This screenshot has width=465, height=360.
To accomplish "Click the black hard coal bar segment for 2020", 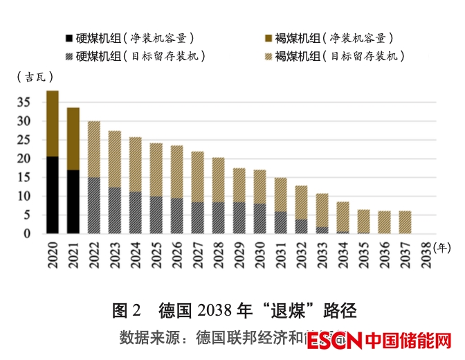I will [x=53, y=195].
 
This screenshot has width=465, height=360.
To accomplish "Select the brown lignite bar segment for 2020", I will [x=53, y=124].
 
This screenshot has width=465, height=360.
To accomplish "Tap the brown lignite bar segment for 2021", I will [x=73, y=139].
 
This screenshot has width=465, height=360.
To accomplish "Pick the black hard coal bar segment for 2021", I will [x=73, y=201].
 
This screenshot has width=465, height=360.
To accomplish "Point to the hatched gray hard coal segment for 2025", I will [x=156, y=215].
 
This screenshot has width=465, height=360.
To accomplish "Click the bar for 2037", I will [x=405, y=222].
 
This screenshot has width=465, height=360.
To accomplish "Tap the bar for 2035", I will [x=363, y=222].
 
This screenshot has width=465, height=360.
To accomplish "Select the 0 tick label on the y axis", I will [x=28, y=234].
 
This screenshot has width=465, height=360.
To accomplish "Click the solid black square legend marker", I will [x=69, y=38].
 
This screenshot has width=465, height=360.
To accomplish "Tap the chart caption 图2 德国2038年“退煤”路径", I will [x=234, y=310].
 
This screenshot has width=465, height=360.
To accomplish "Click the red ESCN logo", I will [x=336, y=341].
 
